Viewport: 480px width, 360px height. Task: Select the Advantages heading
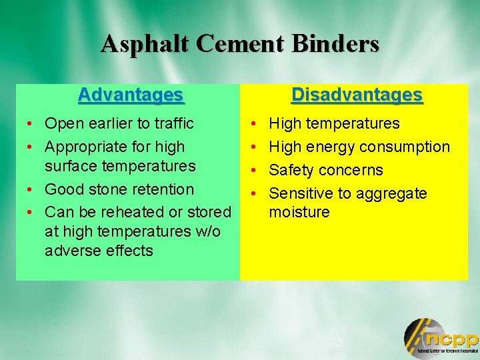point(130,95)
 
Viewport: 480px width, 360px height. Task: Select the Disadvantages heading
point(357,95)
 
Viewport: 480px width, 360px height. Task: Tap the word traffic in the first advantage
point(171,123)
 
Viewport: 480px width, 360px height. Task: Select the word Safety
point(291,170)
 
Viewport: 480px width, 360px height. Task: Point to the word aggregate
point(393,194)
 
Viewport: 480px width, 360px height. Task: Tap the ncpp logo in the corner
point(441,337)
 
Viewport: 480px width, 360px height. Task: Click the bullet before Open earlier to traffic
point(23,124)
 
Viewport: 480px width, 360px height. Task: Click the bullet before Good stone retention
point(23,190)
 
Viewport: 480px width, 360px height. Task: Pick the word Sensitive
point(301,193)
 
